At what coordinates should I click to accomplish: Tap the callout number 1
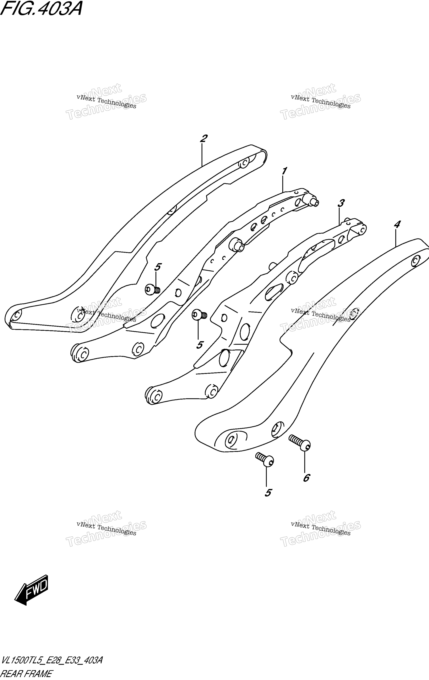284,171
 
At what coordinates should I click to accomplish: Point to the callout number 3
341,203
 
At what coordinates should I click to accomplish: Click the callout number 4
397,225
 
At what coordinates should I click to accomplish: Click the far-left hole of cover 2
17,314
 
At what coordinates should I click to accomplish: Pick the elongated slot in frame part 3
273,292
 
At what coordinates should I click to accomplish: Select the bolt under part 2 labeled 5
153,289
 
